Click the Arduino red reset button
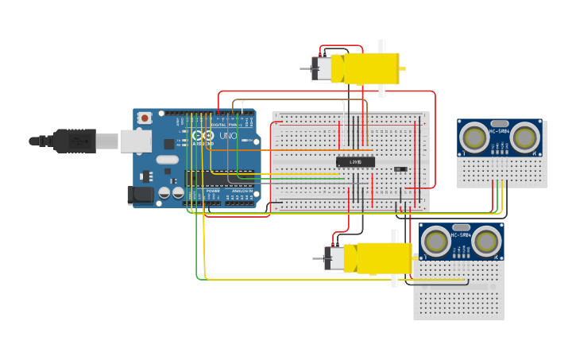(145, 118)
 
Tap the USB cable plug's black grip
(75, 141)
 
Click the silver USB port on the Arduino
(136, 141)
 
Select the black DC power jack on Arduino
(141, 194)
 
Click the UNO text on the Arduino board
(227, 136)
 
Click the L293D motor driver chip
(355, 162)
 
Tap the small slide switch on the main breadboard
(400, 168)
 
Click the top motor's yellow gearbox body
(372, 68)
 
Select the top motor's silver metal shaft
(305, 69)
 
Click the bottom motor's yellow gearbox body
(384, 258)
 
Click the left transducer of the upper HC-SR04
(474, 137)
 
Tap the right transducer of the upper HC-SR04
(524, 137)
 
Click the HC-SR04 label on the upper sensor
(500, 131)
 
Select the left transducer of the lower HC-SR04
(435, 242)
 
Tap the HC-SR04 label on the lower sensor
(461, 235)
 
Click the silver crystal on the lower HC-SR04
(461, 227)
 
